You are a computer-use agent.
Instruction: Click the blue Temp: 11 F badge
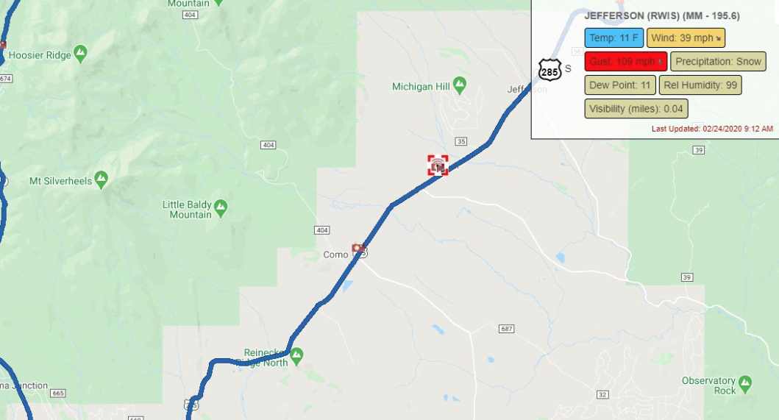614,38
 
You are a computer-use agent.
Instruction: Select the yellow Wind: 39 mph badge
686,38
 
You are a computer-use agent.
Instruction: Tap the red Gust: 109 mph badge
626,62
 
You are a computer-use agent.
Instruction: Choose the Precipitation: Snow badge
718,62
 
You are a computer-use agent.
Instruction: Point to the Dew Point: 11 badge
620,85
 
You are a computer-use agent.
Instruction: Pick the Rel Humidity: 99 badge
700,85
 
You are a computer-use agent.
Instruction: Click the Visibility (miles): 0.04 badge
636,109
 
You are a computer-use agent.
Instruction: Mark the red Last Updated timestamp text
712,129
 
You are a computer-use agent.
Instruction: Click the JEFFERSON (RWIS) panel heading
661,15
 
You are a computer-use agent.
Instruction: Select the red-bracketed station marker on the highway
438,165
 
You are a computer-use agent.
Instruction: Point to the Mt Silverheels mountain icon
101,179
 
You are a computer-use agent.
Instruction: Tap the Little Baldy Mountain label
187,210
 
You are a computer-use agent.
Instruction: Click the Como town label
335,255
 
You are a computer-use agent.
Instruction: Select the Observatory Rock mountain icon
745,382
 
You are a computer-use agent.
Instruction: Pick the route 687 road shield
505,328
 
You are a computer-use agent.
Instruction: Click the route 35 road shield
461,141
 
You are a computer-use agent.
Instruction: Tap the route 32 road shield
602,395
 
